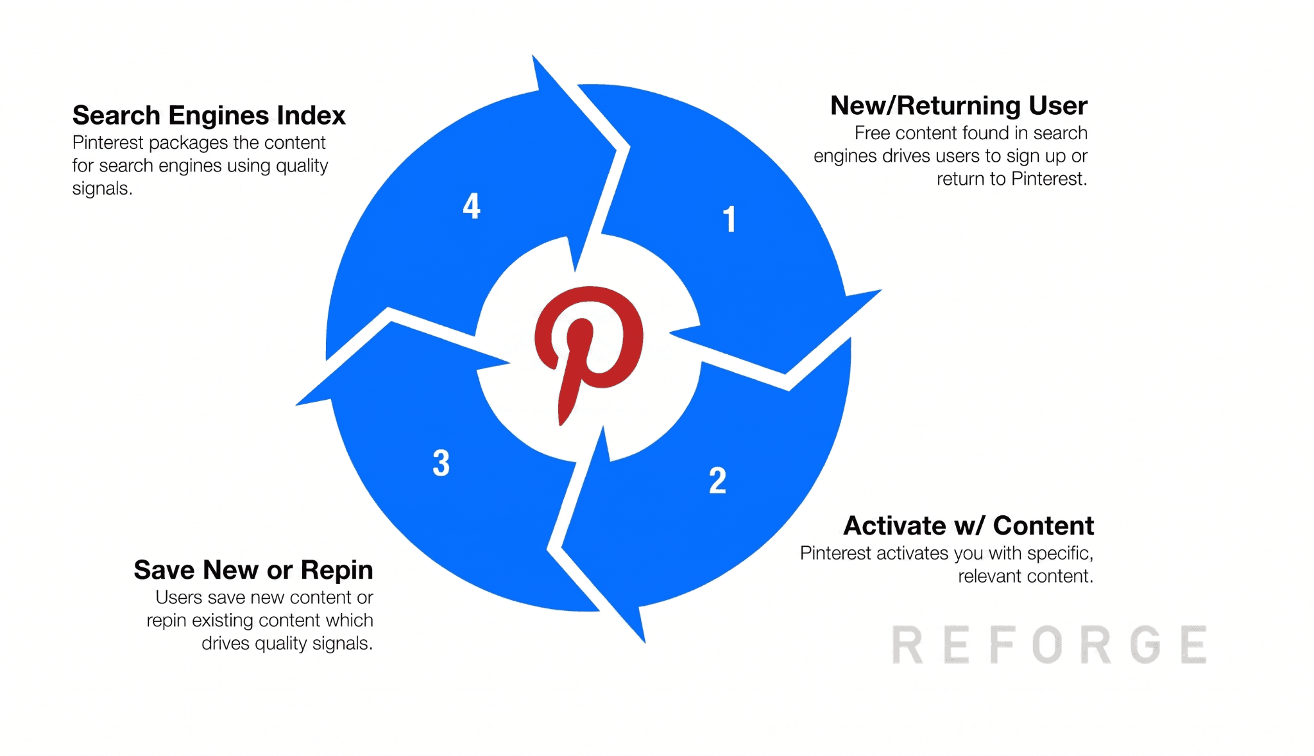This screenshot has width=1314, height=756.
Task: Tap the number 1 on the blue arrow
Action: (729, 219)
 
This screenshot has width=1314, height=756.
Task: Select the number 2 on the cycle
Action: (718, 481)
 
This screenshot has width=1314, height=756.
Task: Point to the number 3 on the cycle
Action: (441, 463)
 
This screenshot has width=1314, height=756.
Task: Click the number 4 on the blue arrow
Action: (472, 206)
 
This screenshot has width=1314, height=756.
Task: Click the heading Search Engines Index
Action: (209, 116)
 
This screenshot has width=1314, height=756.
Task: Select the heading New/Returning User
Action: (959, 106)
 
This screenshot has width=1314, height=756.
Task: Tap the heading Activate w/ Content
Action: (968, 526)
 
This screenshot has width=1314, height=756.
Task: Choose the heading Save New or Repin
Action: (253, 570)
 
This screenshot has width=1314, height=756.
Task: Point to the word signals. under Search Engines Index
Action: (103, 189)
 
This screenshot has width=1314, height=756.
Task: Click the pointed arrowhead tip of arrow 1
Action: (880, 291)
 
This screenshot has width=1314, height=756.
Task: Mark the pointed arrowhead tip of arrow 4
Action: (533, 56)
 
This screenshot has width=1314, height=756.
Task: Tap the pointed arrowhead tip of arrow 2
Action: (644, 641)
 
